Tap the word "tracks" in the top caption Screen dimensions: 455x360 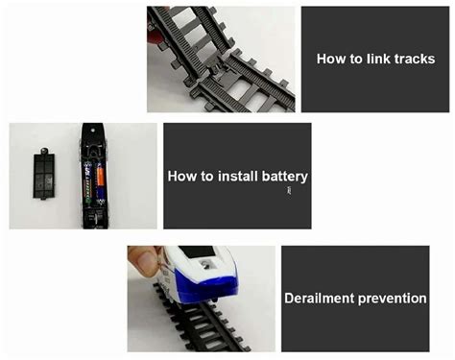[x=415, y=60]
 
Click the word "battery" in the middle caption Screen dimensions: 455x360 [x=284, y=178]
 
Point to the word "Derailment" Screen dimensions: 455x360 [x=320, y=299]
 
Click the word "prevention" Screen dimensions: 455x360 [x=393, y=300]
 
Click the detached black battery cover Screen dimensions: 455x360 [x=44, y=174]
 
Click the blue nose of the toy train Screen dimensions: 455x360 [x=205, y=286]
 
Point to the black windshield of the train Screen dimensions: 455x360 [x=197, y=252]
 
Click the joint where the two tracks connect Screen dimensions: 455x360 [x=221, y=69]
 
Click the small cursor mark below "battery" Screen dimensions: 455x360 [x=289, y=191]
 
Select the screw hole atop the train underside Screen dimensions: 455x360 [x=93, y=131]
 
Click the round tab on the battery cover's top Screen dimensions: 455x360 [x=44, y=150]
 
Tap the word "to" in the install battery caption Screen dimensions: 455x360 [x=207, y=177]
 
